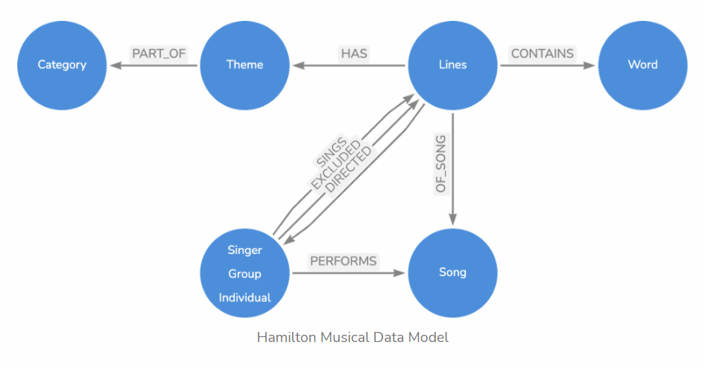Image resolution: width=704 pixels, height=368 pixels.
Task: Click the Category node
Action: pyautogui.click(x=62, y=65)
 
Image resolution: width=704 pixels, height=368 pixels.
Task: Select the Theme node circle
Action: pyautogui.click(x=245, y=65)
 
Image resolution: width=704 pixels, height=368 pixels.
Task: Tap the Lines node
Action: pyautogui.click(x=452, y=65)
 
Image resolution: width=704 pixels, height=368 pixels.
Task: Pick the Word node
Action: pyautogui.click(x=643, y=65)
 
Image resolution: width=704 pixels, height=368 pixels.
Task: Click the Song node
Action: pyautogui.click(x=452, y=273)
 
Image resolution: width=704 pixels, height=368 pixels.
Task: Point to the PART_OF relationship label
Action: pyautogui.click(x=159, y=53)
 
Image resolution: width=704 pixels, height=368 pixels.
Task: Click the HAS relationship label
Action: pyautogui.click(x=353, y=53)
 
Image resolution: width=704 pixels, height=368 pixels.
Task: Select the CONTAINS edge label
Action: pyautogui.click(x=542, y=53)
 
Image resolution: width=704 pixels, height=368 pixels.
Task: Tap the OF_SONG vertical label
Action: pyautogui.click(x=441, y=164)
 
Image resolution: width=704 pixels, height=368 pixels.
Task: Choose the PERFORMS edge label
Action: pyautogui.click(x=343, y=261)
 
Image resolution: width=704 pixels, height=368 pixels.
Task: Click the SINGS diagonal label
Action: pyautogui.click(x=331, y=152)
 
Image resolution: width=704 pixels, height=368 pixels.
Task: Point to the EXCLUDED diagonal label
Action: pyautogui.click(x=336, y=164)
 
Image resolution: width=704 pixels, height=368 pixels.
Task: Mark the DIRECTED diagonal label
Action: pyautogui.click(x=348, y=170)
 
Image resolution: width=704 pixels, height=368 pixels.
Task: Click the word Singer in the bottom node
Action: pyautogui.click(x=245, y=250)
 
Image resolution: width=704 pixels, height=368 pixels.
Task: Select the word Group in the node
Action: pyautogui.click(x=245, y=273)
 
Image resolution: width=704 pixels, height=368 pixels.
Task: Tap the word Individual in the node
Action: pyautogui.click(x=245, y=297)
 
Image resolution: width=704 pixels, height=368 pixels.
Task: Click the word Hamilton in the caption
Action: pyautogui.click(x=286, y=338)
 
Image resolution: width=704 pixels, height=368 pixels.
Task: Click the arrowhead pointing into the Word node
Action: pyautogui.click(x=589, y=66)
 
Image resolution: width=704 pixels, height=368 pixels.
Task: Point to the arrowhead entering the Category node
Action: pyautogui.click(x=116, y=66)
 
